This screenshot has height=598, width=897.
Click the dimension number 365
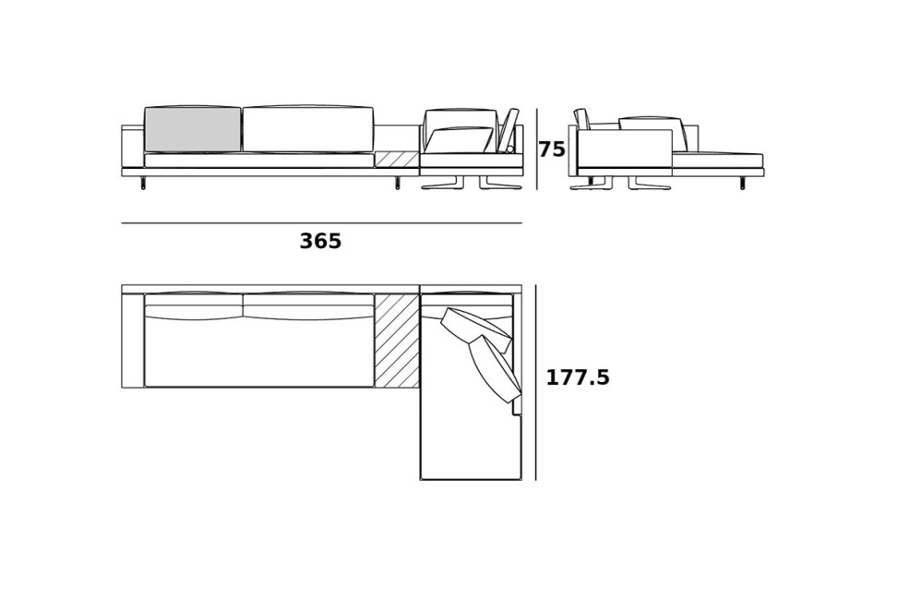(320, 242)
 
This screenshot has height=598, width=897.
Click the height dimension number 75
(552, 149)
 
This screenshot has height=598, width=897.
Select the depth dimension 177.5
(578, 377)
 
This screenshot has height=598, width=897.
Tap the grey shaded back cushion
(193, 130)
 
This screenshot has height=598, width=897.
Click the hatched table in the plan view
(397, 341)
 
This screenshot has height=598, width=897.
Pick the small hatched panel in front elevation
(397, 160)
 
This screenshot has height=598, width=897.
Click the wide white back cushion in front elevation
(308, 129)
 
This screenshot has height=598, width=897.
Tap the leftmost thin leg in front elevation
(143, 183)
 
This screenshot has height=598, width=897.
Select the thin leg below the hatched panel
(398, 183)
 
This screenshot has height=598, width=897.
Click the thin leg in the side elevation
(742, 183)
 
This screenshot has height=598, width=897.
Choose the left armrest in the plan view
(133, 341)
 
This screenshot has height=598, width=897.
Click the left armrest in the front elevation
(133, 148)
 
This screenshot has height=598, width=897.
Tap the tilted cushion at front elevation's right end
(508, 129)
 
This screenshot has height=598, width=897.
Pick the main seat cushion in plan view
(258, 353)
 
